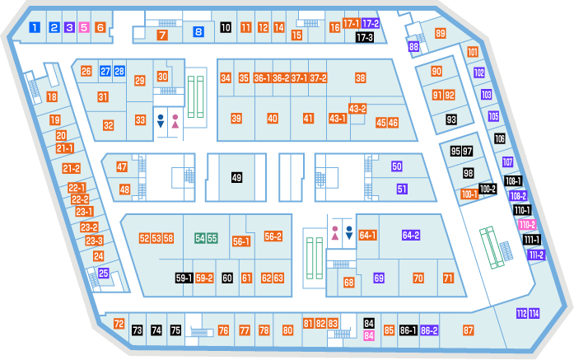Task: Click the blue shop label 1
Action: (35, 27)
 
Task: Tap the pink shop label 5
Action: (84, 27)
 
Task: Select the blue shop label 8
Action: (198, 32)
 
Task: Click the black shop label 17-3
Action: (365, 37)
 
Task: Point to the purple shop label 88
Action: (413, 46)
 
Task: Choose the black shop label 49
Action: (236, 178)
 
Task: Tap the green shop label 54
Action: (200, 238)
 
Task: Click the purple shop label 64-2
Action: (411, 235)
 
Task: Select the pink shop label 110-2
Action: (527, 225)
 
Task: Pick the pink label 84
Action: (369, 335)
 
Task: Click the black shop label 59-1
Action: (184, 278)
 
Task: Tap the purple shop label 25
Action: (104, 273)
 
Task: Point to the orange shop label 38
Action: (360, 77)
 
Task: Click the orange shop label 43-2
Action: (357, 109)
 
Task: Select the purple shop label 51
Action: (402, 189)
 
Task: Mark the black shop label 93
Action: (451, 119)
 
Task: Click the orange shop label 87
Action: (469, 330)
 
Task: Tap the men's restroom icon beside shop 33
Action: (161, 121)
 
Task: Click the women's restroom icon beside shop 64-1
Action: (335, 233)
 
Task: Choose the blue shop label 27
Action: (105, 71)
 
